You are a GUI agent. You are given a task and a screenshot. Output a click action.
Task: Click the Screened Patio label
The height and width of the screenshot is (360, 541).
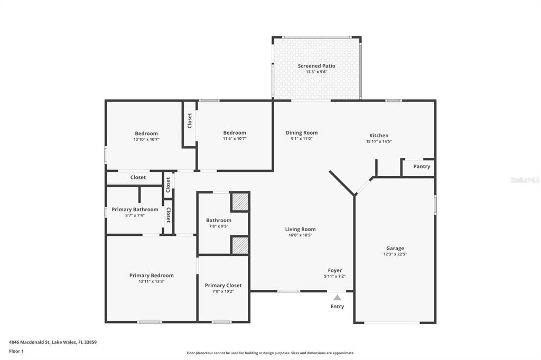pyautogui.click(x=316, y=66)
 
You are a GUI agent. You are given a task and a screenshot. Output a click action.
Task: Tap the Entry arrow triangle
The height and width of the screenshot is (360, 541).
pyautogui.click(x=337, y=298)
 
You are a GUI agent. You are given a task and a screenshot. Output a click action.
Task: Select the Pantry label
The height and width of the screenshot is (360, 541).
pyautogui.click(x=422, y=166)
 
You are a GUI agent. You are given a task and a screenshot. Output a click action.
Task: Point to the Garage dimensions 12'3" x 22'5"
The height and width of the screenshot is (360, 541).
pyautogui.click(x=395, y=254)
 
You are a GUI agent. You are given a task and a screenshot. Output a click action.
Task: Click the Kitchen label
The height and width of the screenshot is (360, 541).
pyautogui.click(x=378, y=136)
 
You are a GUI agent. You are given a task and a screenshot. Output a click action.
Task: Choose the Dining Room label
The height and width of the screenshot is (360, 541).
pyautogui.click(x=302, y=132)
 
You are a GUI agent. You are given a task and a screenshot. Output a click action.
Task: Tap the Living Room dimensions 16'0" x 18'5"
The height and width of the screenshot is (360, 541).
pyautogui.click(x=300, y=235)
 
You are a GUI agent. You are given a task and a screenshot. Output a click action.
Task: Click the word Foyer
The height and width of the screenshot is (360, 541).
pyautogui.click(x=334, y=270)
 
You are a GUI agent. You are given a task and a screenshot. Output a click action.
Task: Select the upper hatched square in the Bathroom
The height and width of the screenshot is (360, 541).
pyautogui.click(x=240, y=202)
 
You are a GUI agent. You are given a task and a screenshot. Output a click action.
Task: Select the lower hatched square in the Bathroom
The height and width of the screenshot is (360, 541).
pyautogui.click(x=240, y=245)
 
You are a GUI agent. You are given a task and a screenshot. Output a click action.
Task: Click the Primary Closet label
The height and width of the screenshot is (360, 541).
pyautogui.click(x=223, y=285)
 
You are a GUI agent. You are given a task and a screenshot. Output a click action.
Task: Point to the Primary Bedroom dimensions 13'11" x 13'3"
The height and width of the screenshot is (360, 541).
pyautogui.click(x=151, y=281)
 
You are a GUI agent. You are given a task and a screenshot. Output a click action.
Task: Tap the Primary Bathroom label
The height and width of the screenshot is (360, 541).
pyautogui.click(x=135, y=210)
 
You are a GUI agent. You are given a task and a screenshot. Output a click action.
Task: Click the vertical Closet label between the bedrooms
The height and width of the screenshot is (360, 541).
pyautogui.click(x=190, y=120)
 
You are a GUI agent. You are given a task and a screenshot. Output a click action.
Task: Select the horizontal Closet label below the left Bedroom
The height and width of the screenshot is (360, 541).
pyautogui.click(x=138, y=177)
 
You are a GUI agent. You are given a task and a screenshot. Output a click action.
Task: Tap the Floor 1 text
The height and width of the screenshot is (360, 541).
pyautogui.click(x=16, y=350)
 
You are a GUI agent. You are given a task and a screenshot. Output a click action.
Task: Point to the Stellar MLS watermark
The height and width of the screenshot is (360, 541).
pyautogui.click(x=525, y=180)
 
